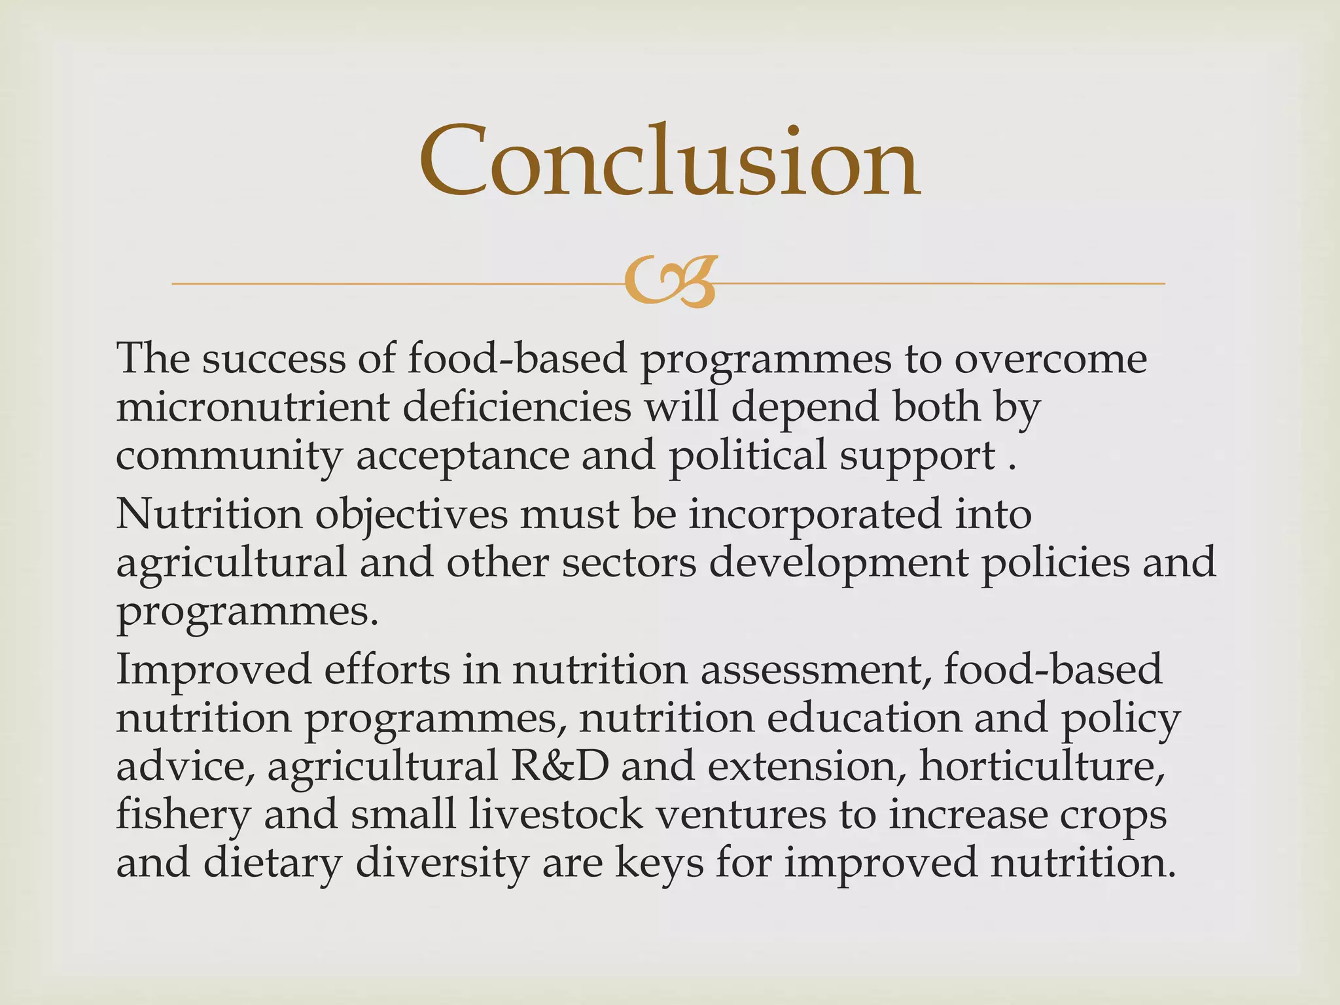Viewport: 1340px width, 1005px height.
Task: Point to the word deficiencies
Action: tap(516, 407)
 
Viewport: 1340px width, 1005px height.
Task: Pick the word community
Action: tap(229, 455)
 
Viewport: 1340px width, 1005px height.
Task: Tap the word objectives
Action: tap(412, 514)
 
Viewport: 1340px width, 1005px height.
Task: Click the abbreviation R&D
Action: tap(559, 766)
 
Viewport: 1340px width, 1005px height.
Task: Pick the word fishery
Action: tap(183, 815)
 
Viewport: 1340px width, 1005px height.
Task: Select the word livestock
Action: tap(555, 815)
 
